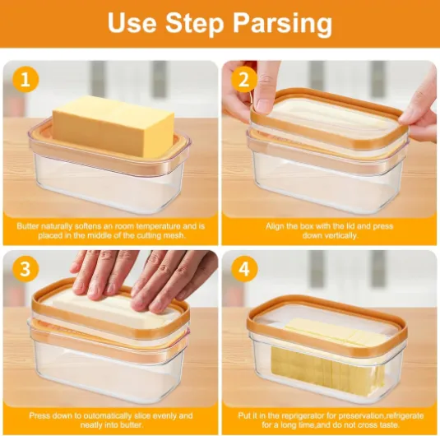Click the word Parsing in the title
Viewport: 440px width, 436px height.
coord(282,23)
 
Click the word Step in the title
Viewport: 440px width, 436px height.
coord(194,23)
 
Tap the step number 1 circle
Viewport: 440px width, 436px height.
coord(25,80)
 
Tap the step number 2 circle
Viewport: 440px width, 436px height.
coord(244,80)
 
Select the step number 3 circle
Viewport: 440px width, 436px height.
coord(25,269)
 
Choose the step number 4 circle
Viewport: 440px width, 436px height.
coord(244,269)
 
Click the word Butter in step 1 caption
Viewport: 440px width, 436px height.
coord(27,226)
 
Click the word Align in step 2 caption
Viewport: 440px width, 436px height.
coord(275,226)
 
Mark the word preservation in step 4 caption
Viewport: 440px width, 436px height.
coord(355,415)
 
